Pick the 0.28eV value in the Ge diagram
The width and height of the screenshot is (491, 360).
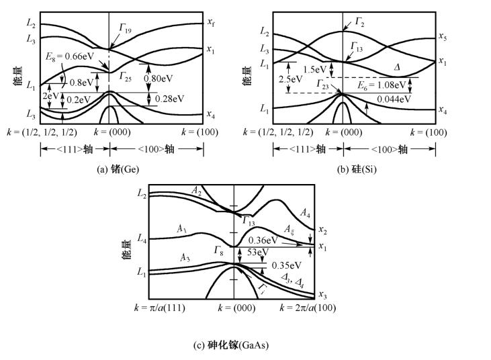click(169, 99)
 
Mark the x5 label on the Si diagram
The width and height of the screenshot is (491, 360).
click(443, 36)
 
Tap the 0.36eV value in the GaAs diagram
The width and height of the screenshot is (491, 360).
click(263, 240)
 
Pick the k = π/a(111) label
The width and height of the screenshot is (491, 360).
click(160, 308)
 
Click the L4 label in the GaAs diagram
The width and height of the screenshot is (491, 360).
click(142, 238)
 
